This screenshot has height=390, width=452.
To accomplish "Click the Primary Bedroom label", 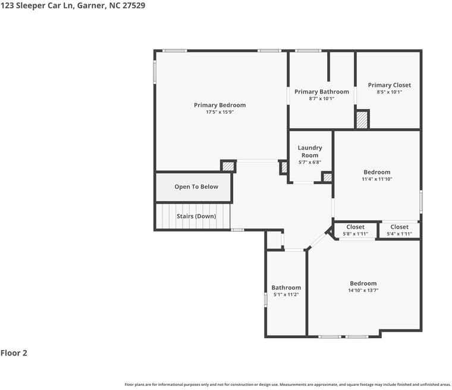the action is [x=219, y=105].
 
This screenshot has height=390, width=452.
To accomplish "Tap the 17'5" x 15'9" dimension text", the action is [x=219, y=112].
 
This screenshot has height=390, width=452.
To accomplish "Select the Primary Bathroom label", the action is [x=322, y=92].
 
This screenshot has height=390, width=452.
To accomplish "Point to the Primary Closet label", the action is [x=390, y=85].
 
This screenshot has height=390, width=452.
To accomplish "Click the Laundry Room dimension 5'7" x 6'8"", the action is [x=310, y=162].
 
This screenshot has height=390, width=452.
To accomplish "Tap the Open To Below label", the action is [x=196, y=187].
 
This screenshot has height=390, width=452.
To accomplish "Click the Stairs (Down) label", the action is [x=196, y=216].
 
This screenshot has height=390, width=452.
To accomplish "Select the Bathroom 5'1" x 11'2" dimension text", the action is [x=286, y=295].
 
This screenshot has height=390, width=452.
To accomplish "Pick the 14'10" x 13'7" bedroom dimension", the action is [x=363, y=291].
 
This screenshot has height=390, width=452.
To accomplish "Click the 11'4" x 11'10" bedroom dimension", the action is [x=377, y=179].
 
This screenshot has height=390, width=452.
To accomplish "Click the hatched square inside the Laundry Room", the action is [x=328, y=177].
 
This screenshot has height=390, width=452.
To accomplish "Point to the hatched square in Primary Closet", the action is [x=362, y=120].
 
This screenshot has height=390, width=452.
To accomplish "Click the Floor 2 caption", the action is [x=14, y=353].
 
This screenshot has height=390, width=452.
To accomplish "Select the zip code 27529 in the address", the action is [x=134, y=5].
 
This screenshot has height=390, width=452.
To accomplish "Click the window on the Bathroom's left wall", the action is [x=265, y=299].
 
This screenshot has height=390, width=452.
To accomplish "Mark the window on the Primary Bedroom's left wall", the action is [x=155, y=72].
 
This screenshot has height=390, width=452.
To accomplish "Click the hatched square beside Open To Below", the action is [x=228, y=166].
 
